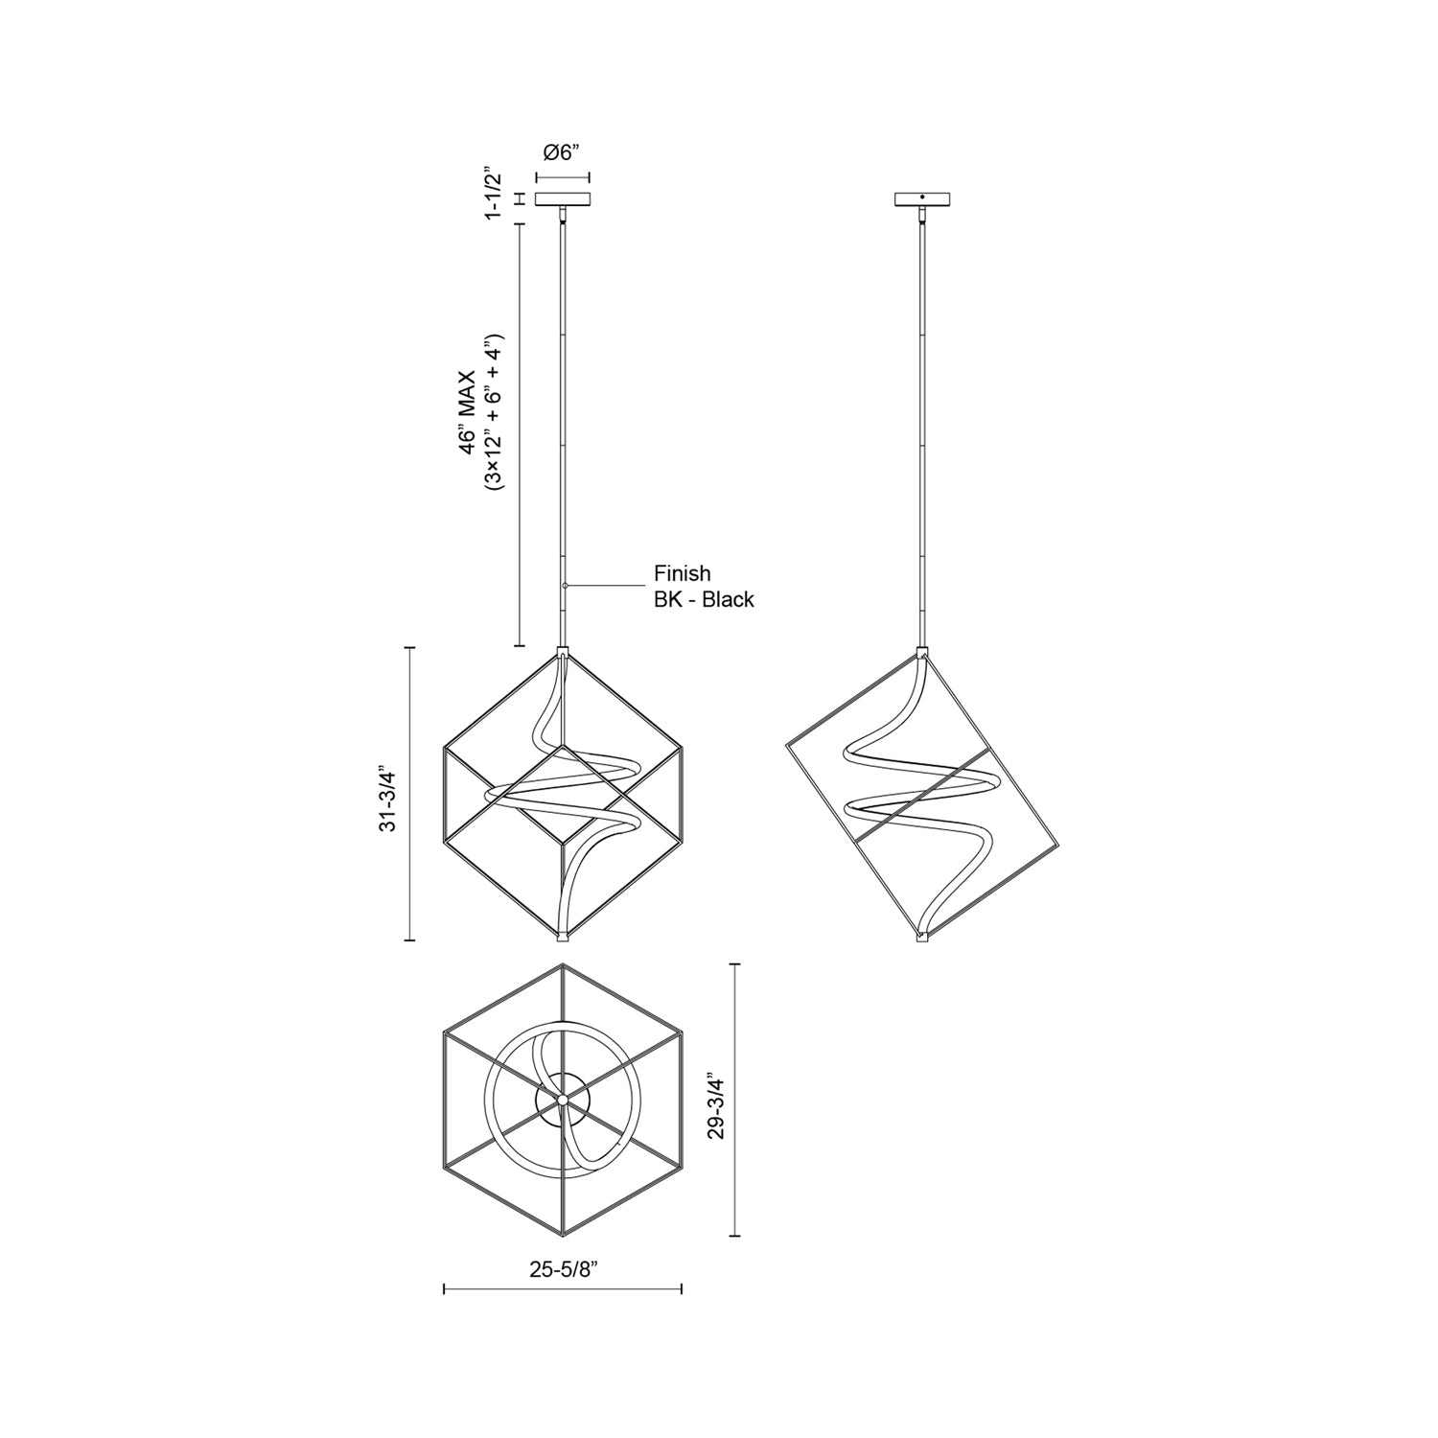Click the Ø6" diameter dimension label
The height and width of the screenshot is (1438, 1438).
point(562,152)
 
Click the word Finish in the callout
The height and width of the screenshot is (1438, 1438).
point(682,573)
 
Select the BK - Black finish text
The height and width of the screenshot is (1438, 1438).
point(704,600)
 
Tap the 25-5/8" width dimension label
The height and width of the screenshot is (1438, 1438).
point(563,1270)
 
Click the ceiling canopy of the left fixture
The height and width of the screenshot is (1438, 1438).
point(563,199)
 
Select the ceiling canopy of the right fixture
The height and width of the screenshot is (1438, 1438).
point(922,199)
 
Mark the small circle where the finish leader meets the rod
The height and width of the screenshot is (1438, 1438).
point(566,585)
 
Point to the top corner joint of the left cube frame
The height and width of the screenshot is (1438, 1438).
point(563,654)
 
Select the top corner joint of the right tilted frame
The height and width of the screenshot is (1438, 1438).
point(922,654)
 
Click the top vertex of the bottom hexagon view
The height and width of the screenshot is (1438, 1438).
point(563,965)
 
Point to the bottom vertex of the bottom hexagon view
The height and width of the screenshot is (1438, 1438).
point(563,1235)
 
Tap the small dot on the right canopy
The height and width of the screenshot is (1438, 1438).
point(922,197)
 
